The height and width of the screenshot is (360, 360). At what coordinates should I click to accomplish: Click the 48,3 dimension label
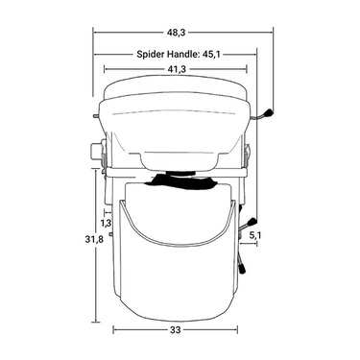click(177, 33)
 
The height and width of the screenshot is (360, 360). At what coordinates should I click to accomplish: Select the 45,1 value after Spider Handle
click(211, 54)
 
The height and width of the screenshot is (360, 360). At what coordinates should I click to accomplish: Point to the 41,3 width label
click(177, 69)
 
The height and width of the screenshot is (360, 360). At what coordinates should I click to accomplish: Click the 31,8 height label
click(94, 239)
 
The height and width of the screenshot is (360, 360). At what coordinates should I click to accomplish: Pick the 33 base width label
click(176, 330)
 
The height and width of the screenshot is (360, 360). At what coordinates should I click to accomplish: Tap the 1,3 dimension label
click(107, 223)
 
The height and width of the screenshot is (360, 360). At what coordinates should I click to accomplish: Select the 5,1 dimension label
click(255, 235)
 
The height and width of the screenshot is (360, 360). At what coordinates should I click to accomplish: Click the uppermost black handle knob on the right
click(268, 113)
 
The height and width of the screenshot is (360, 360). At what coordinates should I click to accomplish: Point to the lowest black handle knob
click(242, 269)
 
